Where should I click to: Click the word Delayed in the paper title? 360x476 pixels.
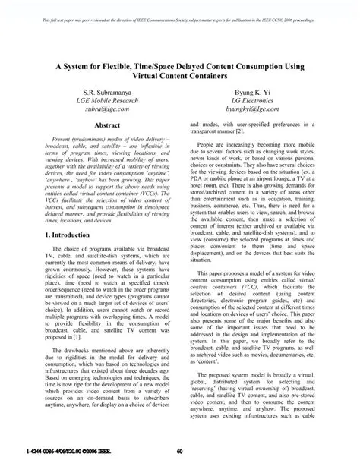point(195,66)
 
